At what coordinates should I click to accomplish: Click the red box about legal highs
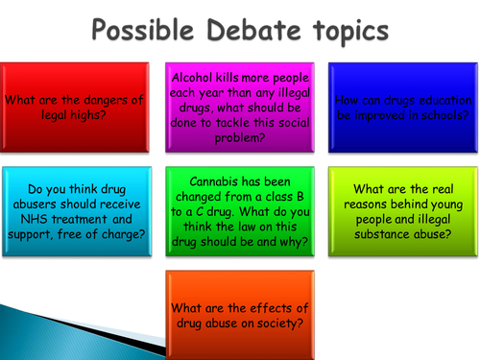75,105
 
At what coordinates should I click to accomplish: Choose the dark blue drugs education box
403,105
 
